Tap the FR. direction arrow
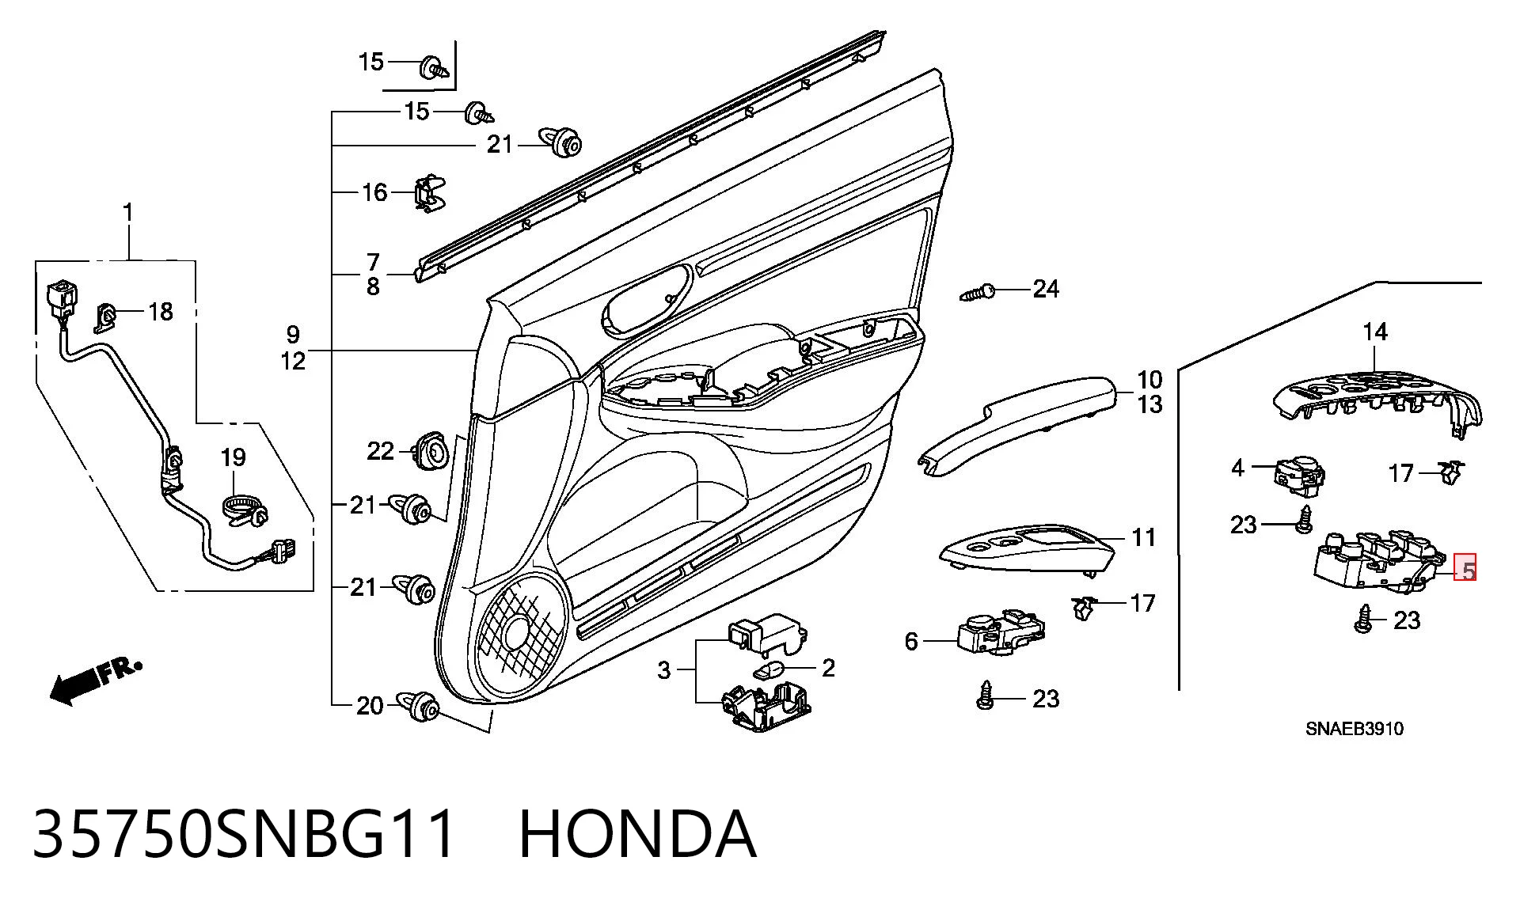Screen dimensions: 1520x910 pos(96,680)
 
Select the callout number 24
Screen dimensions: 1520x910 pos(1045,289)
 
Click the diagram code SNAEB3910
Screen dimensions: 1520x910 pos(1355,728)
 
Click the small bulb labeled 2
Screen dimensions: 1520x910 pos(769,671)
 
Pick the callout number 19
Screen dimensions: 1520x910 pos(233,457)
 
